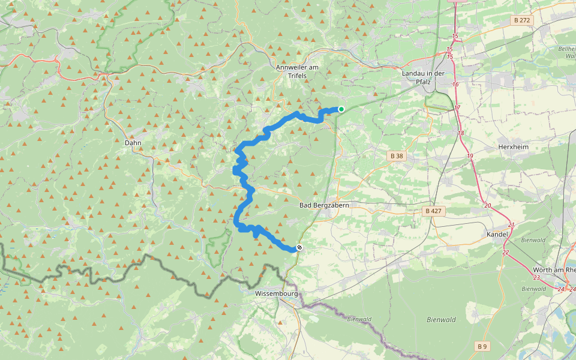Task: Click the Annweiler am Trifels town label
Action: click(298, 71)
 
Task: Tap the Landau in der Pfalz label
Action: click(422, 77)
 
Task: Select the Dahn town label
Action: click(132, 143)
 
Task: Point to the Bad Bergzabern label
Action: click(324, 205)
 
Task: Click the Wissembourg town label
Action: click(276, 294)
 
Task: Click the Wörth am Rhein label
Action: click(553, 270)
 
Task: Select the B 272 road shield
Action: click(522, 20)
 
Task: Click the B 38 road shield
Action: click(397, 156)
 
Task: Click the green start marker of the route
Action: click(341, 109)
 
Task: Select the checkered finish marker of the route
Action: click(299, 248)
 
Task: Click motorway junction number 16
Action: click(455, 85)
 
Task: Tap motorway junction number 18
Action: click(461, 133)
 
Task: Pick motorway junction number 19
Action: click(470, 156)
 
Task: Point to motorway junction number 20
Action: click(487, 206)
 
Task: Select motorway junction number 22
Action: click(506, 252)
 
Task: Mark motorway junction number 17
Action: click(457, 108)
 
